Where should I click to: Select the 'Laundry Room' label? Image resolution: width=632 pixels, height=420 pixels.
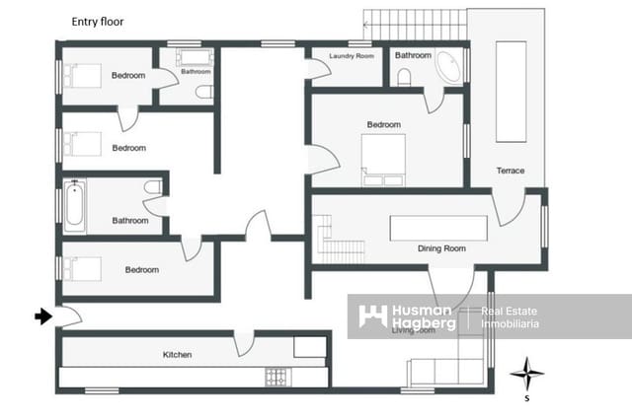tap(352, 56)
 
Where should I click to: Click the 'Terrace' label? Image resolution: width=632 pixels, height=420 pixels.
tap(511, 171)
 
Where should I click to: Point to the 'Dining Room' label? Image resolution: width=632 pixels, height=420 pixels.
tap(441, 248)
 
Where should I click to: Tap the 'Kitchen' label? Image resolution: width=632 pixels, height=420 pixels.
tap(178, 355)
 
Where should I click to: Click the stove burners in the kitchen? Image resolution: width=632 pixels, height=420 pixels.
tap(276, 376)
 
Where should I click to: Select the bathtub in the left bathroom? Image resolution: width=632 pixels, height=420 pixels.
tap(74, 205)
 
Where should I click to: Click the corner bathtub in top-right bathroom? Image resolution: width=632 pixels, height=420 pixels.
tap(448, 66)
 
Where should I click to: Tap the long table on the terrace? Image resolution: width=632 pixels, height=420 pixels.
tap(513, 91)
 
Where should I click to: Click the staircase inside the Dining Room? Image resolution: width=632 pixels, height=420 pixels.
tap(340, 240)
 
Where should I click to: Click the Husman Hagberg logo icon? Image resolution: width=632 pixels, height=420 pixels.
tap(372, 316)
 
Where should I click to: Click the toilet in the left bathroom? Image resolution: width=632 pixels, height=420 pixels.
tap(152, 187)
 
